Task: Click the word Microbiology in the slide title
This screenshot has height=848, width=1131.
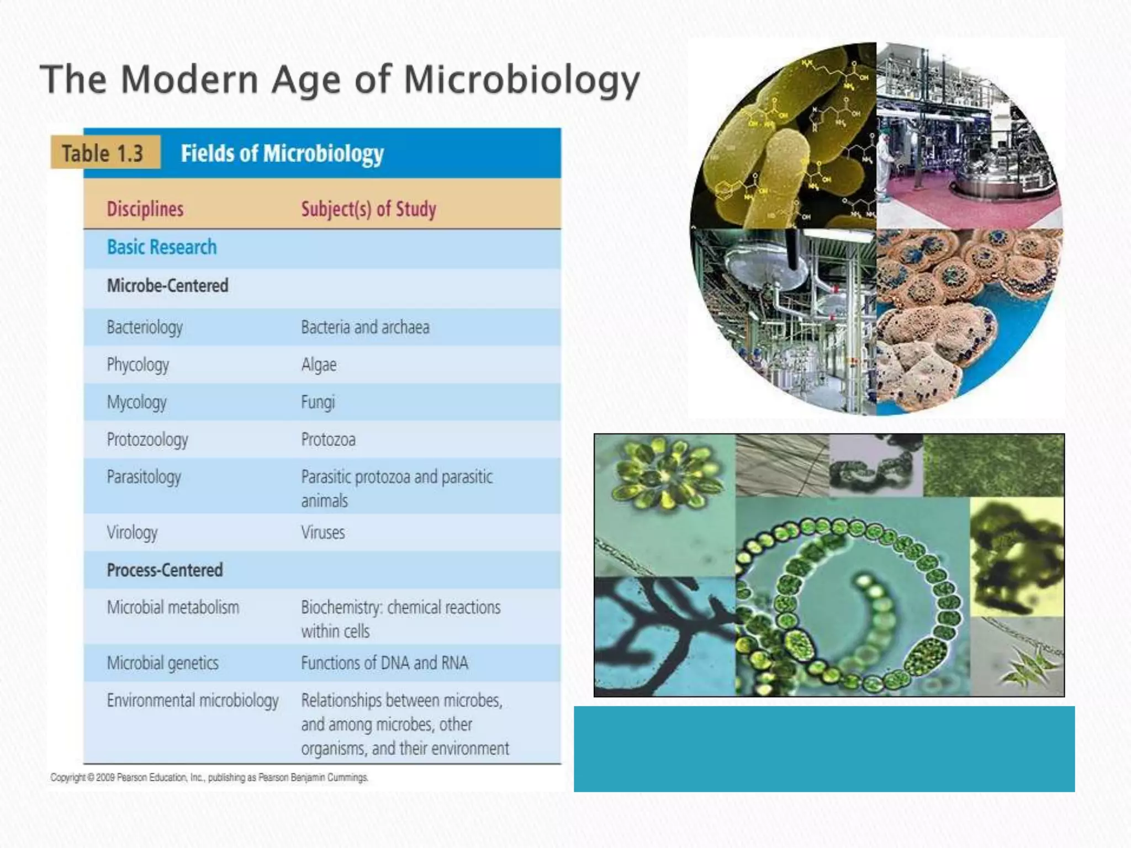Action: coord(521,80)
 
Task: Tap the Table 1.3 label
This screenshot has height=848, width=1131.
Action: coord(103,153)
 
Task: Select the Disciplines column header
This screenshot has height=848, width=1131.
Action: coord(145,209)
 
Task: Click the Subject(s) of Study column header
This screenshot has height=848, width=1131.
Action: coord(368,209)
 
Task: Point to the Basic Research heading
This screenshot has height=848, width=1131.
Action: coord(162,247)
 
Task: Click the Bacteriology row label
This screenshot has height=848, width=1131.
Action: coord(145,327)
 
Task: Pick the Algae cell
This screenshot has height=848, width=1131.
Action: coord(319,365)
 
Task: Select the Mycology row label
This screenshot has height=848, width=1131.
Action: coord(136,402)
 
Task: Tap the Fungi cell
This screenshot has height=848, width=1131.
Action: coord(318,402)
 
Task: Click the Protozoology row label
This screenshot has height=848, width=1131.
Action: coord(147,440)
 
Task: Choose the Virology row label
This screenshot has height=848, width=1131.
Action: coord(132,533)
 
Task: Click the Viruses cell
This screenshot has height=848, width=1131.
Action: coord(323,533)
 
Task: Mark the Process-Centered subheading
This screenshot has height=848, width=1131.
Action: coord(165,570)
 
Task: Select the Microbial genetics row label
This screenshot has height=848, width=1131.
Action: coord(163,663)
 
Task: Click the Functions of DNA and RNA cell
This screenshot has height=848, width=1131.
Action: coord(384,663)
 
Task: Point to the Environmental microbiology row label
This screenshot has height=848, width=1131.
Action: coord(193,701)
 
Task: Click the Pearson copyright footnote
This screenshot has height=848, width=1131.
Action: coord(209,777)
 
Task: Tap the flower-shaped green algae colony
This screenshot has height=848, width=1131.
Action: coord(665,474)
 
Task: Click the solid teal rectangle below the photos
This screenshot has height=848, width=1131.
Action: coord(824,749)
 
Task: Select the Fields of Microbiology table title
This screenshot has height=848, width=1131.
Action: coord(282,153)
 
